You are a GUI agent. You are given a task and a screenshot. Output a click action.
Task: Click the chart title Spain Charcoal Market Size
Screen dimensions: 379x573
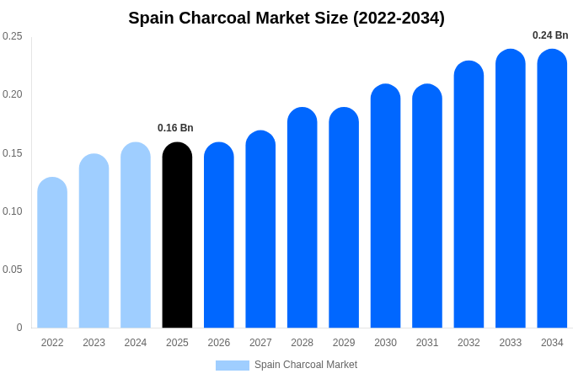tap(286, 18)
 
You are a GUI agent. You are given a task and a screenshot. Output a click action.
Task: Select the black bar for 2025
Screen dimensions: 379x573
tap(177, 236)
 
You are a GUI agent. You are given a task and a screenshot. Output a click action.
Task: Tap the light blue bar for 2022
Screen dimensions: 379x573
tap(52, 253)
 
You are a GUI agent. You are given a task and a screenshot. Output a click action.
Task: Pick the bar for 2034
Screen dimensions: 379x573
tap(552, 189)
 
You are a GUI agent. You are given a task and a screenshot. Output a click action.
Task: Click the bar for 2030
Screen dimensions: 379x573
tap(385, 206)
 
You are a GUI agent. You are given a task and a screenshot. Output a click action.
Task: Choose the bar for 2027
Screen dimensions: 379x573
tap(260, 229)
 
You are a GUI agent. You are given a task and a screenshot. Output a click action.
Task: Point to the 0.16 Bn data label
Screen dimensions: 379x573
tap(175, 128)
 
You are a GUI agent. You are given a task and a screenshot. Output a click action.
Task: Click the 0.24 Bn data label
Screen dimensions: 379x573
tap(550, 35)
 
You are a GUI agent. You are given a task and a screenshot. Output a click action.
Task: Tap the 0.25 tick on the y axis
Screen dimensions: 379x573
tap(13, 36)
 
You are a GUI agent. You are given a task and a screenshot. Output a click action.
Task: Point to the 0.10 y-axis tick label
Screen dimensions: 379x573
tap(13, 211)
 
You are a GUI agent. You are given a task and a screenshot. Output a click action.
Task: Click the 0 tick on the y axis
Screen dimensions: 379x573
tap(19, 328)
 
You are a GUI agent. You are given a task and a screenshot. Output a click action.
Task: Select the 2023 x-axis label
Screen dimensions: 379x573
tap(94, 343)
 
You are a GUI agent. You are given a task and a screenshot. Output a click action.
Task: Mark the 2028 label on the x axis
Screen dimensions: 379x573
tap(302, 343)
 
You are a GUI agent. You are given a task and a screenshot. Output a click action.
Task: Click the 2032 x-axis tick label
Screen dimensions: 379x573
tap(469, 343)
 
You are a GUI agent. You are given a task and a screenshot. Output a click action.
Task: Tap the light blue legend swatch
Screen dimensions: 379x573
tap(233, 366)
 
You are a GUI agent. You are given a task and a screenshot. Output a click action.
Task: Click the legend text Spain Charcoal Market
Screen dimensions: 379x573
tap(306, 365)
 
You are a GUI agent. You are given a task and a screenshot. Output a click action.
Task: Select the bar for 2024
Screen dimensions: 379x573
tap(136, 236)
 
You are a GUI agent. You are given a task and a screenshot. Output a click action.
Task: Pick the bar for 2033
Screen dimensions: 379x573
tap(510, 189)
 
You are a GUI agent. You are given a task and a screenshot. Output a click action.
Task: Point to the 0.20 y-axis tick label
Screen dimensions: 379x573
tap(13, 94)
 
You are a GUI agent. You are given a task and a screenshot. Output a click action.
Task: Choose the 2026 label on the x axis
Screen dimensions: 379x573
tap(219, 343)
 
